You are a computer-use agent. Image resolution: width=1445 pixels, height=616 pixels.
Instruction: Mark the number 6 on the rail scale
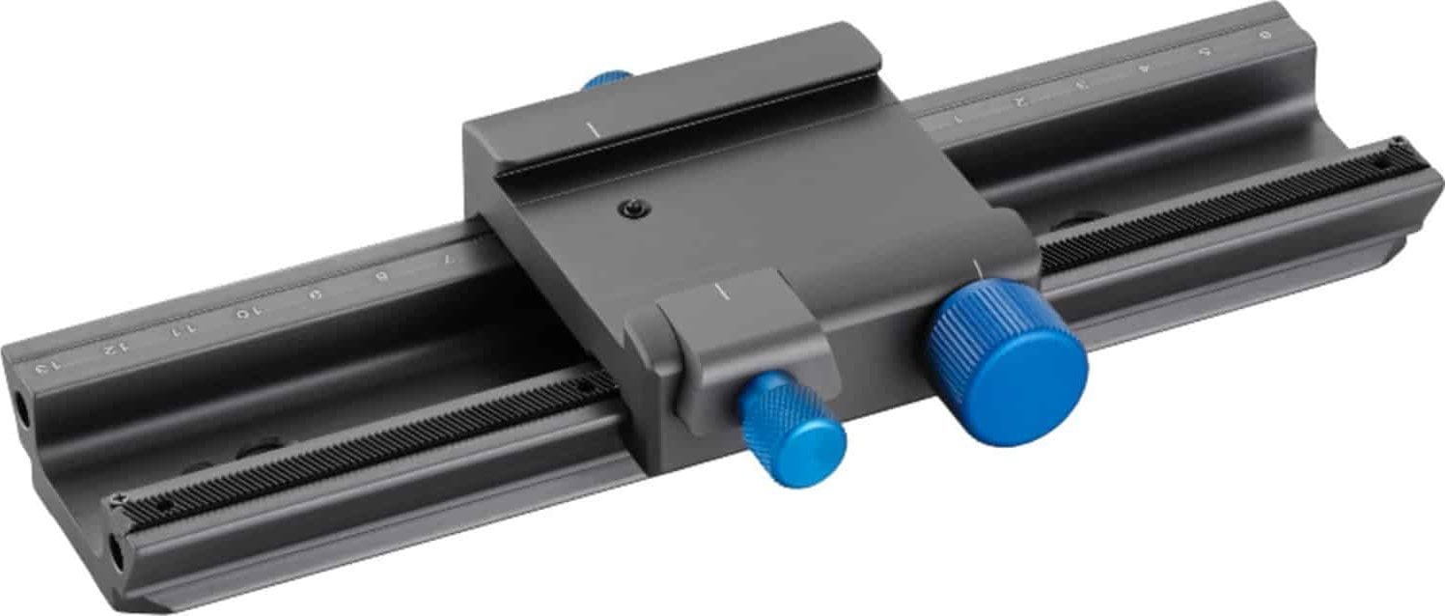[1264, 34]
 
